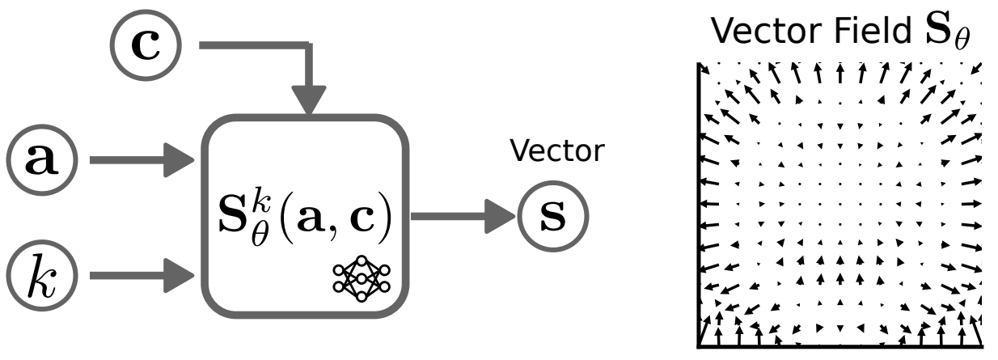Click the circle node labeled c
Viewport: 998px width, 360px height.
tap(146, 46)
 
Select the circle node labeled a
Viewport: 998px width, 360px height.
tap(41, 160)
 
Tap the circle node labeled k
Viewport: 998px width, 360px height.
tap(41, 276)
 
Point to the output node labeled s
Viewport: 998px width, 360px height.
tap(552, 218)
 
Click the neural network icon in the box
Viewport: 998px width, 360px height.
tap(361, 277)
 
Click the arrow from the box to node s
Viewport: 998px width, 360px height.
tap(461, 218)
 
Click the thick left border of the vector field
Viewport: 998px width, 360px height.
tap(698, 202)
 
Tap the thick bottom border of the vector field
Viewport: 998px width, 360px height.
tap(841, 346)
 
